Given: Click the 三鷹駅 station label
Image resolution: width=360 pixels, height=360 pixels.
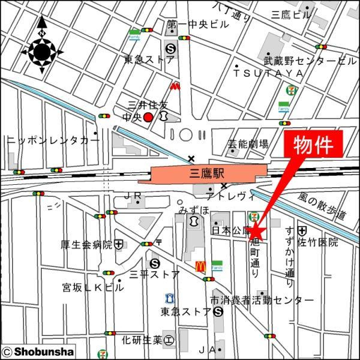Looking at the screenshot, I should click(206, 174).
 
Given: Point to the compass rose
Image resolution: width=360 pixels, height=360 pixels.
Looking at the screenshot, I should click(42, 53).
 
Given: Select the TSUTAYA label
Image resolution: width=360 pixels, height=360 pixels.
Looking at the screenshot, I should click(268, 73).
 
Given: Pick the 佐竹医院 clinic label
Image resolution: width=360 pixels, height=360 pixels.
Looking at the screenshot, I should click(318, 243).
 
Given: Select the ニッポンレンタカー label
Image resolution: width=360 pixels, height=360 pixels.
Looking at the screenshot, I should click(53, 140).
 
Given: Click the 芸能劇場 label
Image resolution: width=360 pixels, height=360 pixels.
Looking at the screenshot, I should click(247, 144).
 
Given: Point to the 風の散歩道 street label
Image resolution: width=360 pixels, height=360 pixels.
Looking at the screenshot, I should click(323, 205).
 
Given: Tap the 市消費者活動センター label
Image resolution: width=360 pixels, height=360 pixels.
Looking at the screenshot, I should click(262, 299).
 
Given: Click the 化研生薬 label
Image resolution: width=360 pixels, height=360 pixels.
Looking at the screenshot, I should click(142, 340).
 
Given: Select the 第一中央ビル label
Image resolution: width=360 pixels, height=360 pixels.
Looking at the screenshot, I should click(198, 25).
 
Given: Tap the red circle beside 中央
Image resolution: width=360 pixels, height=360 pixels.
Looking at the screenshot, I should click(148, 117).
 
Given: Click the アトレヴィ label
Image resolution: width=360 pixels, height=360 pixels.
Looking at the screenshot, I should click(227, 196).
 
